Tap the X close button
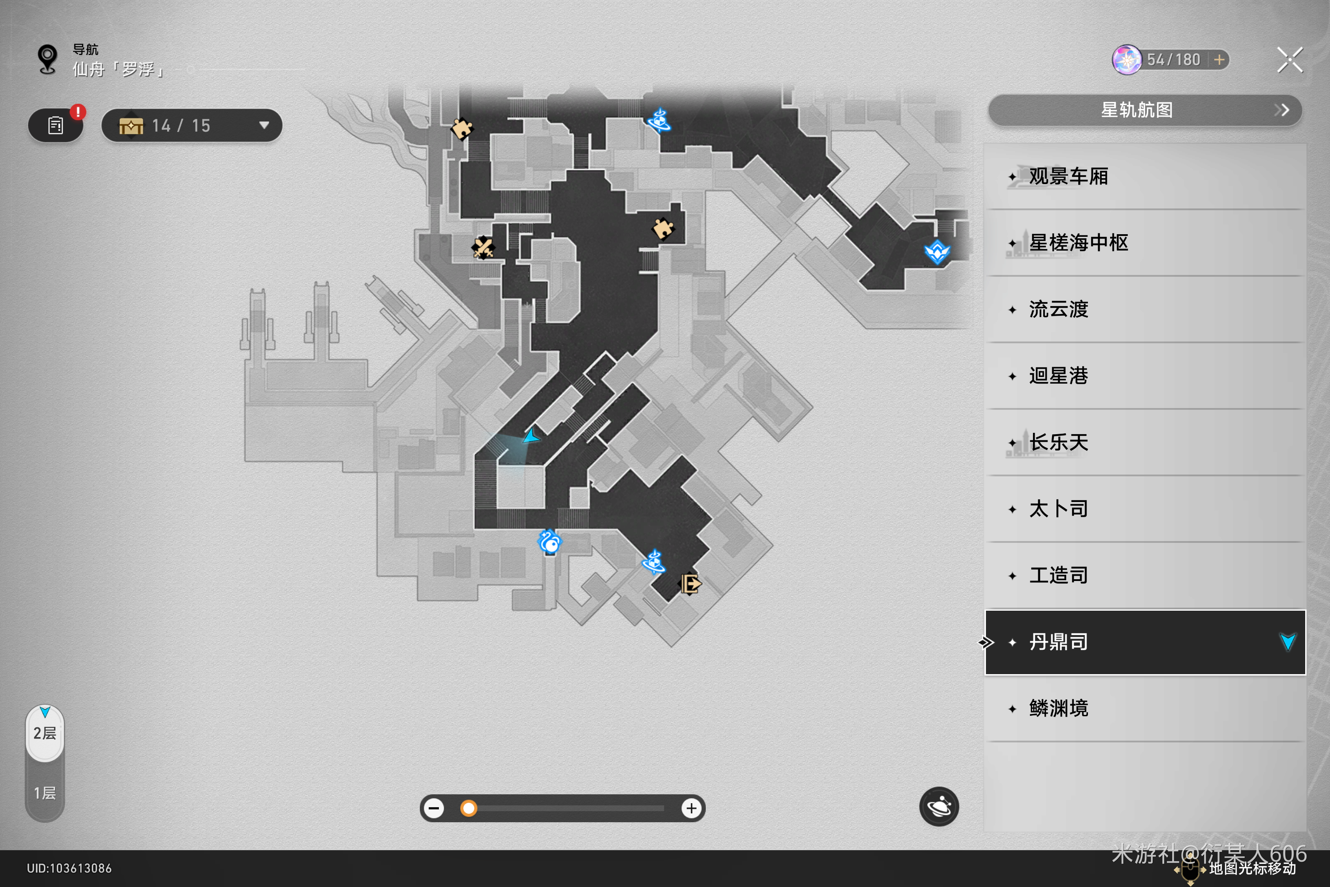coord(1289,60)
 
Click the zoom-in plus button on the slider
coord(691,809)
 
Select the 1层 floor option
coord(45,793)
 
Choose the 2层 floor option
coord(45,733)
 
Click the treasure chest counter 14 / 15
coord(192,126)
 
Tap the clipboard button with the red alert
coord(55,126)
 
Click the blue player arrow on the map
coord(531,436)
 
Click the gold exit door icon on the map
coord(690,583)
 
